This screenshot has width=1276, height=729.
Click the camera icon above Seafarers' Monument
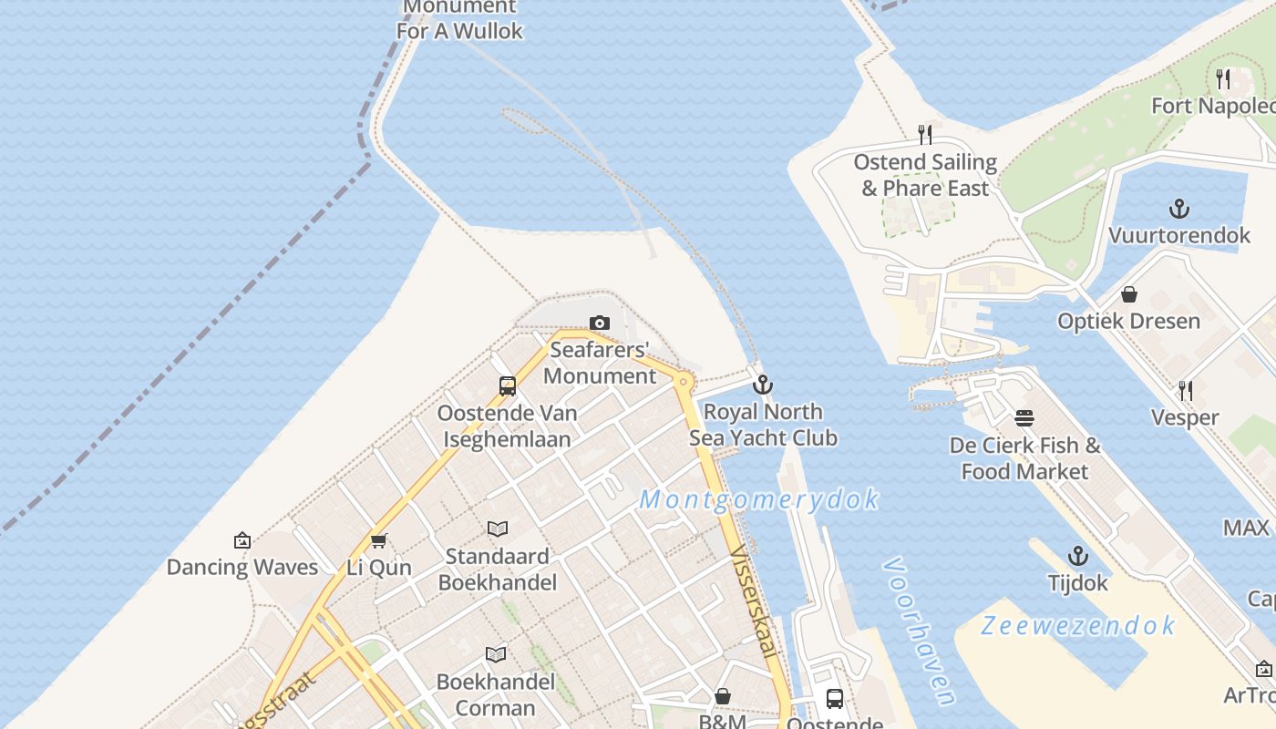click(x=599, y=323)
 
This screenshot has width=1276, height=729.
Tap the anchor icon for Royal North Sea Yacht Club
click(x=762, y=385)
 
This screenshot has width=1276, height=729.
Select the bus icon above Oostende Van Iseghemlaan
click(x=508, y=386)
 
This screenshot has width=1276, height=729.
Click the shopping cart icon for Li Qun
click(x=379, y=540)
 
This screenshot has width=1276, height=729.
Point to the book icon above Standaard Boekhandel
click(x=497, y=529)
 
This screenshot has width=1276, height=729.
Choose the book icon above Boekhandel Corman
click(x=496, y=654)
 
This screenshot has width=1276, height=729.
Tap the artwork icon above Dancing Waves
click(x=242, y=540)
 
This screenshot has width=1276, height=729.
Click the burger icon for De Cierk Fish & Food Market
click(x=1024, y=418)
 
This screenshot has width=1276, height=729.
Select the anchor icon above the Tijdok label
click(x=1078, y=556)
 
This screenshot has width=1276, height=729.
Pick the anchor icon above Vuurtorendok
click(x=1179, y=209)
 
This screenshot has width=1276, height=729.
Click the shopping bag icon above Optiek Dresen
click(x=1128, y=294)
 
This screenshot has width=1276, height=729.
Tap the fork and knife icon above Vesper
click(x=1185, y=391)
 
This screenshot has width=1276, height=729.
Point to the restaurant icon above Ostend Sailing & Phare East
click(x=925, y=135)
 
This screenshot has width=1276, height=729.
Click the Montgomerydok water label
click(x=759, y=499)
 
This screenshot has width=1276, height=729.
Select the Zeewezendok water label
click(x=1078, y=626)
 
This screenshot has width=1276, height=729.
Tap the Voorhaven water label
click(x=919, y=631)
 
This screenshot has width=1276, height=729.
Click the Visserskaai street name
click(x=755, y=601)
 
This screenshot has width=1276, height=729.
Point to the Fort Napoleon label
click(x=1212, y=106)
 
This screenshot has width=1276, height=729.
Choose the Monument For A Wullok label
click(x=459, y=20)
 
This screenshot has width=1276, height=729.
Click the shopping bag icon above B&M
click(x=723, y=697)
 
